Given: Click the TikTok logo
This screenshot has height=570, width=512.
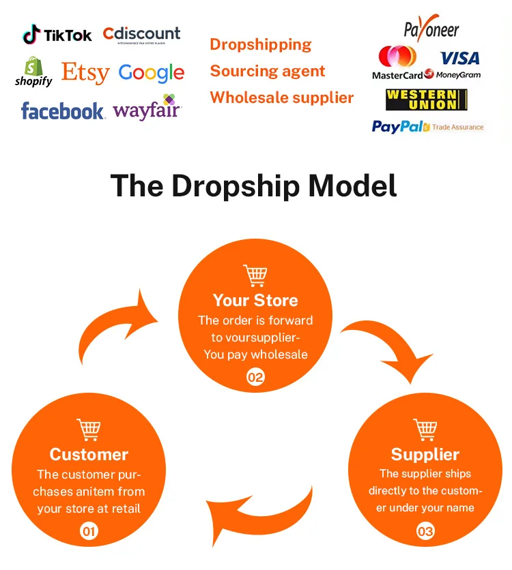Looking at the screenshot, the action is (x=57, y=35).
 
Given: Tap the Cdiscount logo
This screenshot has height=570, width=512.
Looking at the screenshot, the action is (x=141, y=34).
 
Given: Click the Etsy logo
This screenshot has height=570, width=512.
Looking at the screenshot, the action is (x=86, y=72).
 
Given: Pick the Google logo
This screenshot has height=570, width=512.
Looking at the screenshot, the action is (x=151, y=73).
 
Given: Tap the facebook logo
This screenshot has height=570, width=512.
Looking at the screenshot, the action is (x=63, y=110).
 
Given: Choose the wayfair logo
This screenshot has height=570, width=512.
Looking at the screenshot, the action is (x=147, y=109).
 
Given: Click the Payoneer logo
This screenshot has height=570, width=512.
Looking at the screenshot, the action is (x=431, y=29).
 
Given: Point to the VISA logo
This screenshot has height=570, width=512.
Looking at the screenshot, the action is (x=459, y=59).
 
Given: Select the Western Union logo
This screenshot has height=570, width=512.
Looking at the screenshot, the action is (x=426, y=100).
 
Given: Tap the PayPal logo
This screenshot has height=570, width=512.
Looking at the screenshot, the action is (x=397, y=127).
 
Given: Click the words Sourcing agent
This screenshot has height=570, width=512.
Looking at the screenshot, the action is (x=267, y=71).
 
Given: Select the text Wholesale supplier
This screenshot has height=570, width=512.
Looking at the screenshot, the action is (x=281, y=97).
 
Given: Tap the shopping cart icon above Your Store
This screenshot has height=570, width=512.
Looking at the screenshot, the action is (x=255, y=275).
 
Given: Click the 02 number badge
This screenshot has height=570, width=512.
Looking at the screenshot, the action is (x=255, y=377).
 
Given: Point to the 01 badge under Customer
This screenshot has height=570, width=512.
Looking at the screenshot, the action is (x=89, y=530).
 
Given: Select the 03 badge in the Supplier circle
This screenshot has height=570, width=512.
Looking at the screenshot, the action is (x=425, y=530).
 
